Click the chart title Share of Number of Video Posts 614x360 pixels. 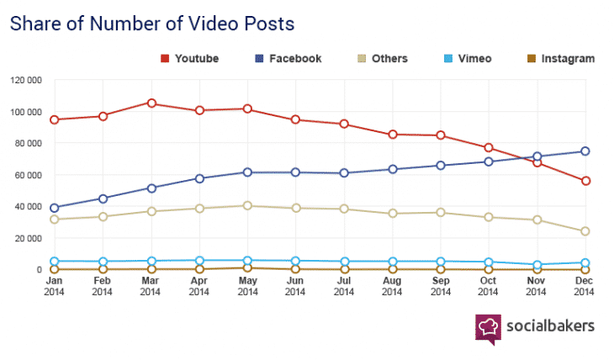pos(152,23)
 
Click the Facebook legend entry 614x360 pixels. pos(286,59)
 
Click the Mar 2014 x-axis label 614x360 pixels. pos(151,286)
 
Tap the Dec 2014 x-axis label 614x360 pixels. pos(585,286)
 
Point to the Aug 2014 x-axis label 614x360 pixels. pos(392,286)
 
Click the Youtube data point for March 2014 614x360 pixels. pos(151,103)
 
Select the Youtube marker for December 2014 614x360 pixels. pos(585,181)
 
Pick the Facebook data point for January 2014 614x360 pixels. pos(55,208)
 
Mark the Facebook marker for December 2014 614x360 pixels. pos(585,151)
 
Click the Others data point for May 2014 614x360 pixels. pos(247,205)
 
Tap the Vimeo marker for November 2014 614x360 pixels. pos(537,265)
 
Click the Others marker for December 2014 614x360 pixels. pos(585,231)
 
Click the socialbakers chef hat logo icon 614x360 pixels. pos(489,328)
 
